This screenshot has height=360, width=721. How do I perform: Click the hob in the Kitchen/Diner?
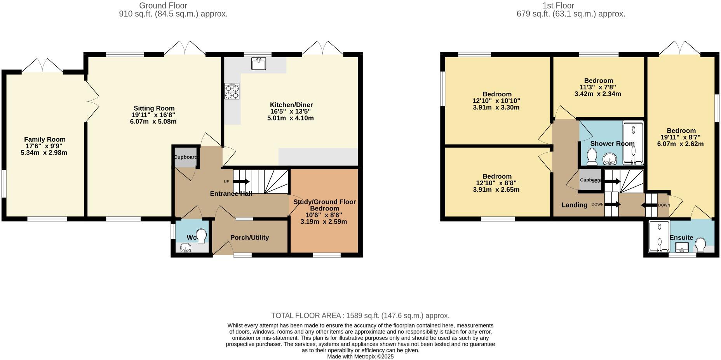coord(232,91)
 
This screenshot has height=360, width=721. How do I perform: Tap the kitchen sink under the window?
coord(258,63)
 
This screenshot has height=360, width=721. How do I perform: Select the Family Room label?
coord(45,139)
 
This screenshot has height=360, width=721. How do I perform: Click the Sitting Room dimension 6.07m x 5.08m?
coord(153,122)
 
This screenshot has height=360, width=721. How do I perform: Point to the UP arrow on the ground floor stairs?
coord(241,181)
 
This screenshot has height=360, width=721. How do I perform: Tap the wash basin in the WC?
coord(186,247)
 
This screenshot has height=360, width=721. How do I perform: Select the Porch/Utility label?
coord(249,238)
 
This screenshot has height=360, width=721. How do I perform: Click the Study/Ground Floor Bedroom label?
coord(324,205)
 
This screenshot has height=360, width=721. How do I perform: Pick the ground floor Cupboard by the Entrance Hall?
coord(185,157)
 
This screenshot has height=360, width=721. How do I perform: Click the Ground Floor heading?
coord(163,5)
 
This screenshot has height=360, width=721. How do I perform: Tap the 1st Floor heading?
coord(558,5)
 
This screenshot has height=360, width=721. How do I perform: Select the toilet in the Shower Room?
coord(592,157)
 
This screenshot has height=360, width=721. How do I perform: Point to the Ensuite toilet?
coord(701,245)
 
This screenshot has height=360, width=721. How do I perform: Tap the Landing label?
coord(574,205)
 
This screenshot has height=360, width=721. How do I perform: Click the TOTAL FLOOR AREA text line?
coord(360,316)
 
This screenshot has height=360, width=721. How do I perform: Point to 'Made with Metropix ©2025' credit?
coord(360,357)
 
